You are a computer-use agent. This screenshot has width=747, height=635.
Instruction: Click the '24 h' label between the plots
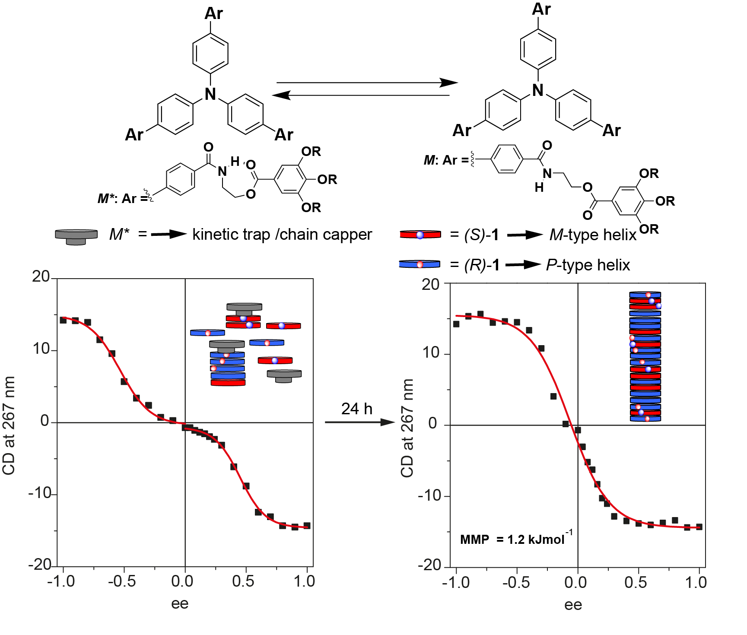[356, 409]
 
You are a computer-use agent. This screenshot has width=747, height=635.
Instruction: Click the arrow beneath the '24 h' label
[360, 422]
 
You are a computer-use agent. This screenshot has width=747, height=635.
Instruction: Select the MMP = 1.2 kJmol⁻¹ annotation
[516, 539]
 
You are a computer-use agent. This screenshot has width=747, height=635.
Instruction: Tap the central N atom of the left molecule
[210, 94]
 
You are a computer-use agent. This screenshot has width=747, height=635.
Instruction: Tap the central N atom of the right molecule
[538, 90]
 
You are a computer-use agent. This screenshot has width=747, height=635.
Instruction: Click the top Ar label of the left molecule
[213, 13]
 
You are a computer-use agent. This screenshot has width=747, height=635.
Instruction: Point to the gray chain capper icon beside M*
[76, 236]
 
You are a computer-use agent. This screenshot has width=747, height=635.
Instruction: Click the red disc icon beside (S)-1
[420, 235]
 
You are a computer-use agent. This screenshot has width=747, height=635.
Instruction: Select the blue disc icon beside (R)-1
[420, 264]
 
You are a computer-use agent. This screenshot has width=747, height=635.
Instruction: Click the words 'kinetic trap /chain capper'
[282, 234]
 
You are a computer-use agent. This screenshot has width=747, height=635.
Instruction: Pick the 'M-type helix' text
[593, 235]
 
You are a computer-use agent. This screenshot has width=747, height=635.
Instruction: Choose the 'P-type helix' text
[588, 264]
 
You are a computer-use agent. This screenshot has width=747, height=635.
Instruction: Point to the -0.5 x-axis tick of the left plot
[122, 581]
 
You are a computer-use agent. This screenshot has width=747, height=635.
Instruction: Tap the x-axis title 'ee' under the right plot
[573, 605]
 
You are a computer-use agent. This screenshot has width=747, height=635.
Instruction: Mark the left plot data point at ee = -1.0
[63, 320]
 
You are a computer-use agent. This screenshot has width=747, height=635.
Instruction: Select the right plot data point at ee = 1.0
[699, 527]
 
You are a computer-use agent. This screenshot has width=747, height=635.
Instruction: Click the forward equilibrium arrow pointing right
[367, 83]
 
